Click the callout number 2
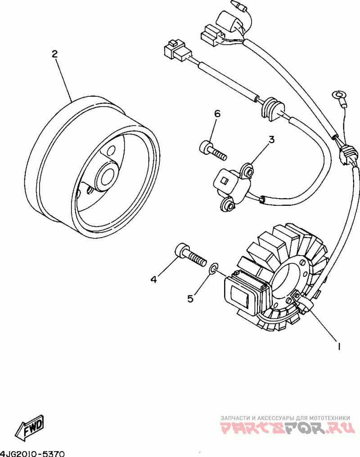pyautogui.click(x=54, y=54)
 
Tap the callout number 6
pyautogui.click(x=217, y=114)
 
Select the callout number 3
pyautogui.click(x=271, y=140)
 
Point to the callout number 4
pyautogui.click(x=153, y=280)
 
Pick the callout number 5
pyautogui.click(x=191, y=298)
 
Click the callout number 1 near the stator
pyautogui.click(x=337, y=346)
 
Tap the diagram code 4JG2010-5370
pyautogui.click(x=33, y=452)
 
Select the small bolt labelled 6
pyautogui.click(x=211, y=149)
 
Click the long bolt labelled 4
pyautogui.click(x=189, y=255)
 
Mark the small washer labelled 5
pyautogui.click(x=213, y=269)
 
